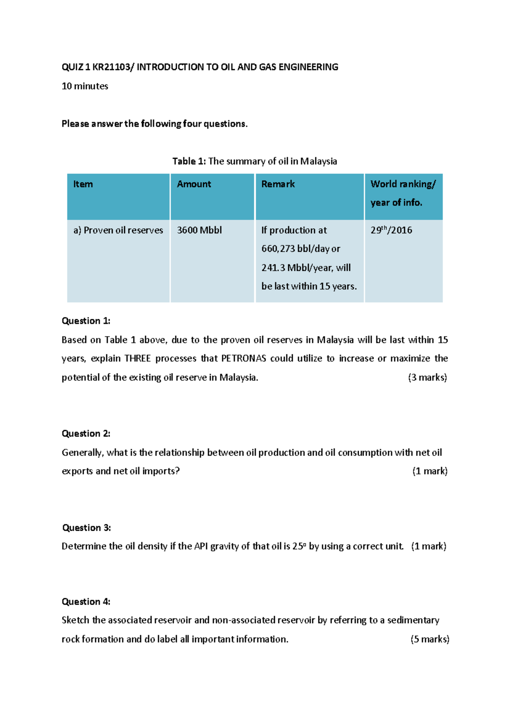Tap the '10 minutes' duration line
pos(85,86)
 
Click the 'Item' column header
pos(83,184)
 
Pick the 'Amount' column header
pos(194,184)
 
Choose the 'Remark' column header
pos(278,184)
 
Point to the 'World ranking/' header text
pos(403,184)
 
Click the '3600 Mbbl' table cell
pos(199,231)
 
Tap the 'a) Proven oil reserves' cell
pos(118,231)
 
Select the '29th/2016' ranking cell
pos(391,231)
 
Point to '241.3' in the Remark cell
pos(273,268)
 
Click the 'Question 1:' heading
pos(86,321)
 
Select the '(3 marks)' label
pos(427,377)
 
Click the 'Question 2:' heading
pos(86,433)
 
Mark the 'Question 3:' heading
pos(86,528)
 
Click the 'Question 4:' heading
pos(86,602)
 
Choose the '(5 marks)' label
pos(430,639)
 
